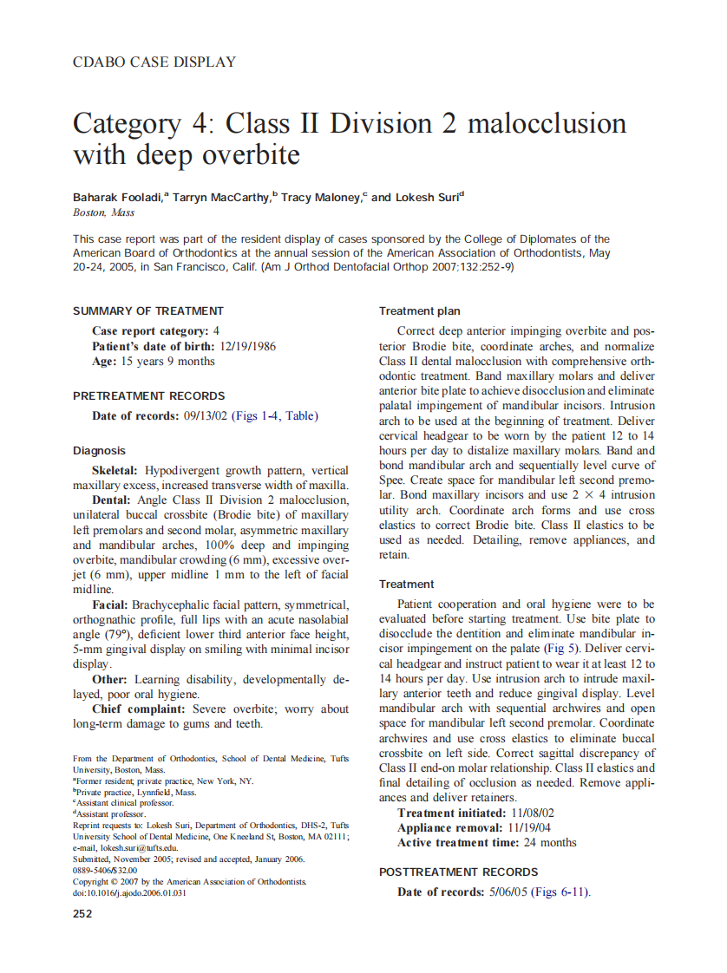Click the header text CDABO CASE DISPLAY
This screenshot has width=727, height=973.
154,62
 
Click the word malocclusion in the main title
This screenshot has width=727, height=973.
547,123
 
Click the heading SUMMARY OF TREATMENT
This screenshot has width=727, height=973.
148,310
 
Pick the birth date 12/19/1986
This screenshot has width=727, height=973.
248,346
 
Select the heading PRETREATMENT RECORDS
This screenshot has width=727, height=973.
148,396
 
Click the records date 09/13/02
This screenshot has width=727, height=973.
206,416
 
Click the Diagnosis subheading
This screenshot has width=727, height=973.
99,451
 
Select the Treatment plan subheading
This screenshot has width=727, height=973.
420,311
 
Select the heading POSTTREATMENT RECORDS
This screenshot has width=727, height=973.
459,872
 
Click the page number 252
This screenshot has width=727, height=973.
83,913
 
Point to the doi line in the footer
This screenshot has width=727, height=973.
129,894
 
